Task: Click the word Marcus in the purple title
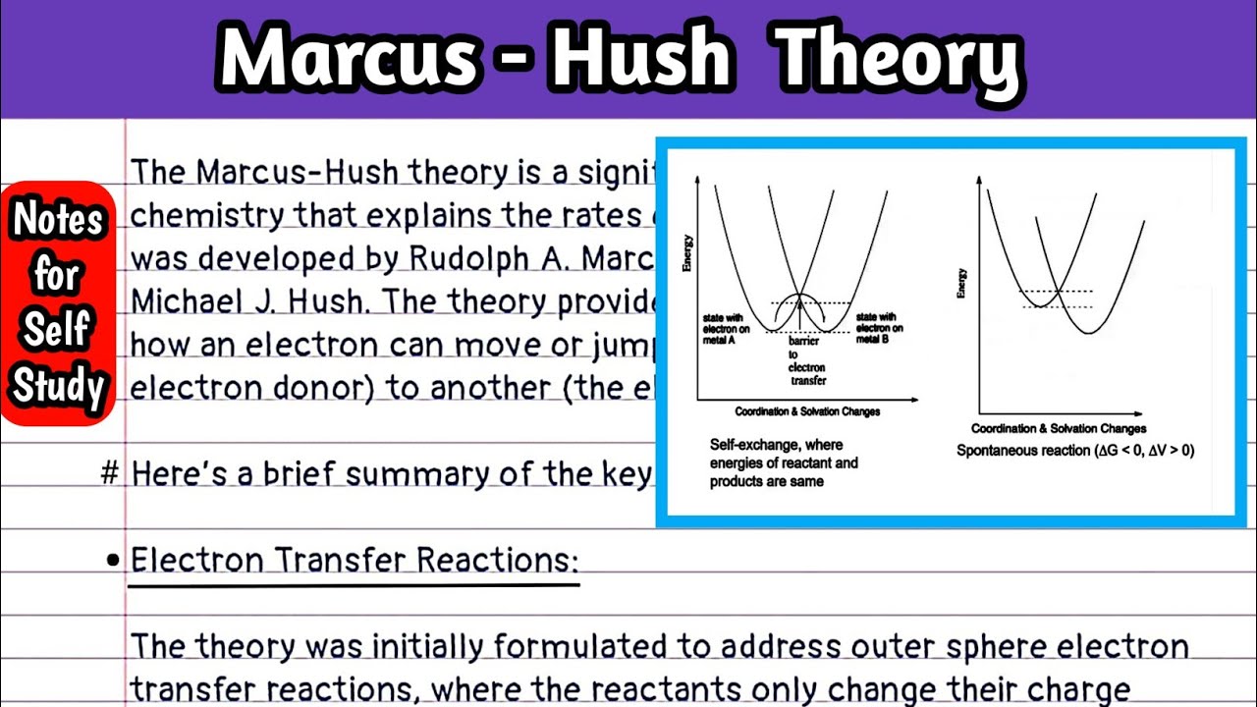tap(349, 59)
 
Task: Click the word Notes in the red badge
tap(58, 220)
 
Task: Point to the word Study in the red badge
tap(58, 386)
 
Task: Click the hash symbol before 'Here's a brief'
tap(111, 474)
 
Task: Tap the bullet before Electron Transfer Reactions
tap(112, 561)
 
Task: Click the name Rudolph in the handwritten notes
tap(464, 258)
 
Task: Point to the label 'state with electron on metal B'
tap(879, 328)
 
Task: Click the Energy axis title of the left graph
tap(687, 252)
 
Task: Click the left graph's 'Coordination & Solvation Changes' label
tap(807, 412)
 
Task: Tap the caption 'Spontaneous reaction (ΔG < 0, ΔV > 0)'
tap(1075, 451)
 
